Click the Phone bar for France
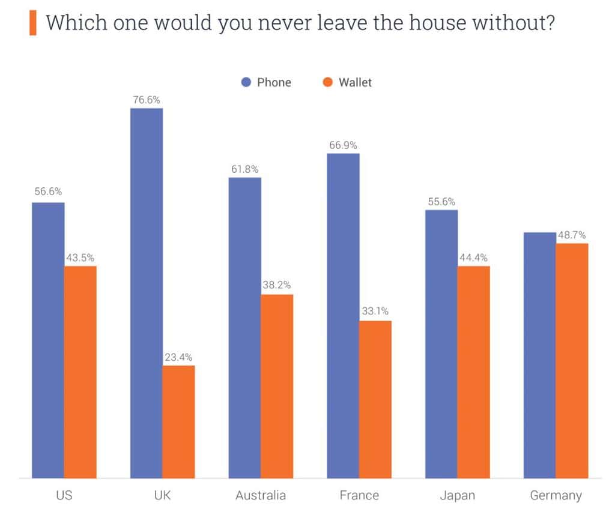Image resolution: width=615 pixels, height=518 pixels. (343, 316)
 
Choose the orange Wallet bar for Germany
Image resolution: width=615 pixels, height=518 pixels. (572, 361)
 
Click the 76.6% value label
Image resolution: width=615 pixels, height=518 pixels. (147, 100)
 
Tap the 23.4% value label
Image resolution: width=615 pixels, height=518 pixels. (178, 357)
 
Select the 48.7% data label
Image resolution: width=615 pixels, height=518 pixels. (571, 235)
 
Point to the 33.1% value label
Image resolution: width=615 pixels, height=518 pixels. (375, 312)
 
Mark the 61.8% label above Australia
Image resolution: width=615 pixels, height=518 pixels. (245, 169)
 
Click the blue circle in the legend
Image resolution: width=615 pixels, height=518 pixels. (246, 82)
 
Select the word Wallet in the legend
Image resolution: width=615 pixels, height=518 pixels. (355, 82)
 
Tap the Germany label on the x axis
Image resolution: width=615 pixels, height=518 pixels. (556, 495)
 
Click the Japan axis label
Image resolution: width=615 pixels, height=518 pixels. (457, 495)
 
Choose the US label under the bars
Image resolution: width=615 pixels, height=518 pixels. (64, 495)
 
